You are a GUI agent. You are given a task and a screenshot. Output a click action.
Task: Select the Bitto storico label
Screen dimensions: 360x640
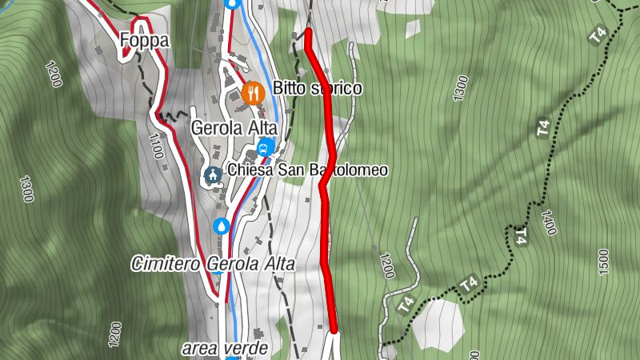(318, 88)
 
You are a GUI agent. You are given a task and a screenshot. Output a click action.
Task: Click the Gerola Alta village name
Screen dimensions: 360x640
(234, 128)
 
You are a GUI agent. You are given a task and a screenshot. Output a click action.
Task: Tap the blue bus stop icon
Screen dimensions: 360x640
(266, 147)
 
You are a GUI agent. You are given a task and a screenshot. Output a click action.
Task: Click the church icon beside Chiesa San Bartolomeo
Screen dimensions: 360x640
(214, 174)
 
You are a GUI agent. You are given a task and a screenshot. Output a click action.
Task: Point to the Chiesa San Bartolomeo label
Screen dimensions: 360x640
(307, 170)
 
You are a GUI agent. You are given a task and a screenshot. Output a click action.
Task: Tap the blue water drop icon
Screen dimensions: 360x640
(221, 226)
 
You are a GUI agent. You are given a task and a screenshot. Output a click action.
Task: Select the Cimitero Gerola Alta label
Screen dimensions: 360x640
(213, 263)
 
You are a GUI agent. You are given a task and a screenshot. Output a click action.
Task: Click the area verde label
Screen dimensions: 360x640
(223, 348)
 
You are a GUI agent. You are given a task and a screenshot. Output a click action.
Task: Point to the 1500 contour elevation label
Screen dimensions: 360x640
(602, 262)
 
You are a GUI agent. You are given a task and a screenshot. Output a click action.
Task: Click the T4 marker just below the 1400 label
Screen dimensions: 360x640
(520, 237)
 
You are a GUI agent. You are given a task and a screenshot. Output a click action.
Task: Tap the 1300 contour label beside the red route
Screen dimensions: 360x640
(460, 88)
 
